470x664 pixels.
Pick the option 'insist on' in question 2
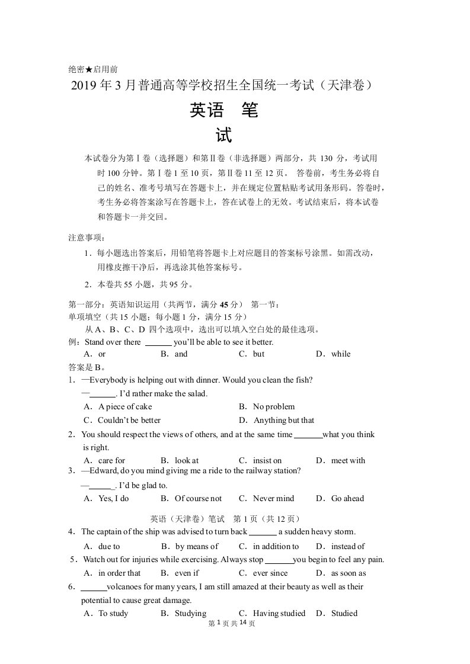(267, 460)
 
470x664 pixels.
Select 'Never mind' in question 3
(273, 498)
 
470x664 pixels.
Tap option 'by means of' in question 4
(197, 546)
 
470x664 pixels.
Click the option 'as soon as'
(348, 573)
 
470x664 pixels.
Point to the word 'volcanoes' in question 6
(125, 586)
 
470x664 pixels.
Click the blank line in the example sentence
(158, 342)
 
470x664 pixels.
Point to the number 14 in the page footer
(242, 623)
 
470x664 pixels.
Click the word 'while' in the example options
(341, 354)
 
